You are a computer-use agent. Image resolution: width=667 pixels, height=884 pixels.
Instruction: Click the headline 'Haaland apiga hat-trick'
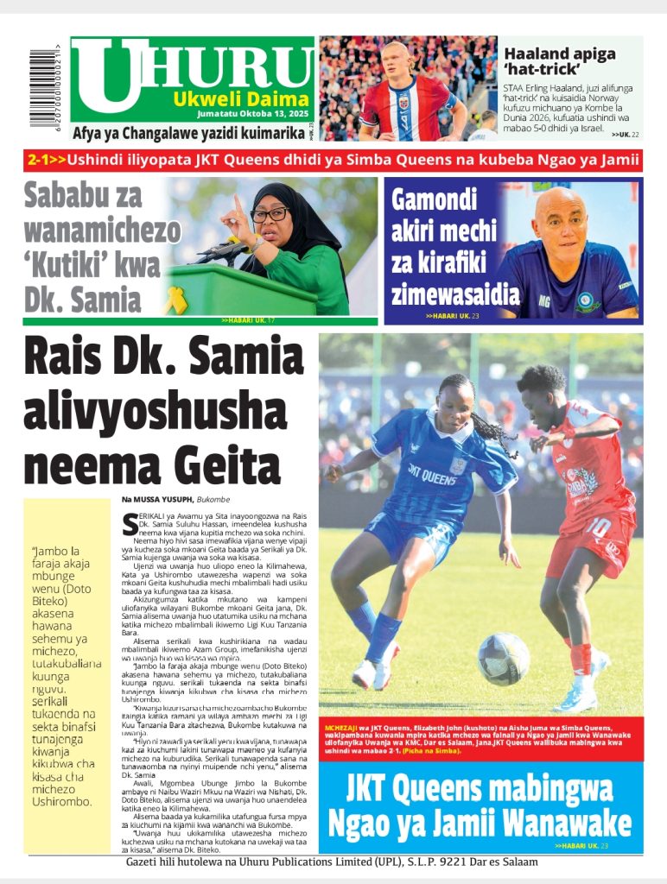coord(560,62)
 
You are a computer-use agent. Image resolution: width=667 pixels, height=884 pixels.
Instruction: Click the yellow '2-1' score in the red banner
coord(42,160)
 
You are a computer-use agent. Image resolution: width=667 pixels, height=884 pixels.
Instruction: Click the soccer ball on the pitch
coord(504,658)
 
